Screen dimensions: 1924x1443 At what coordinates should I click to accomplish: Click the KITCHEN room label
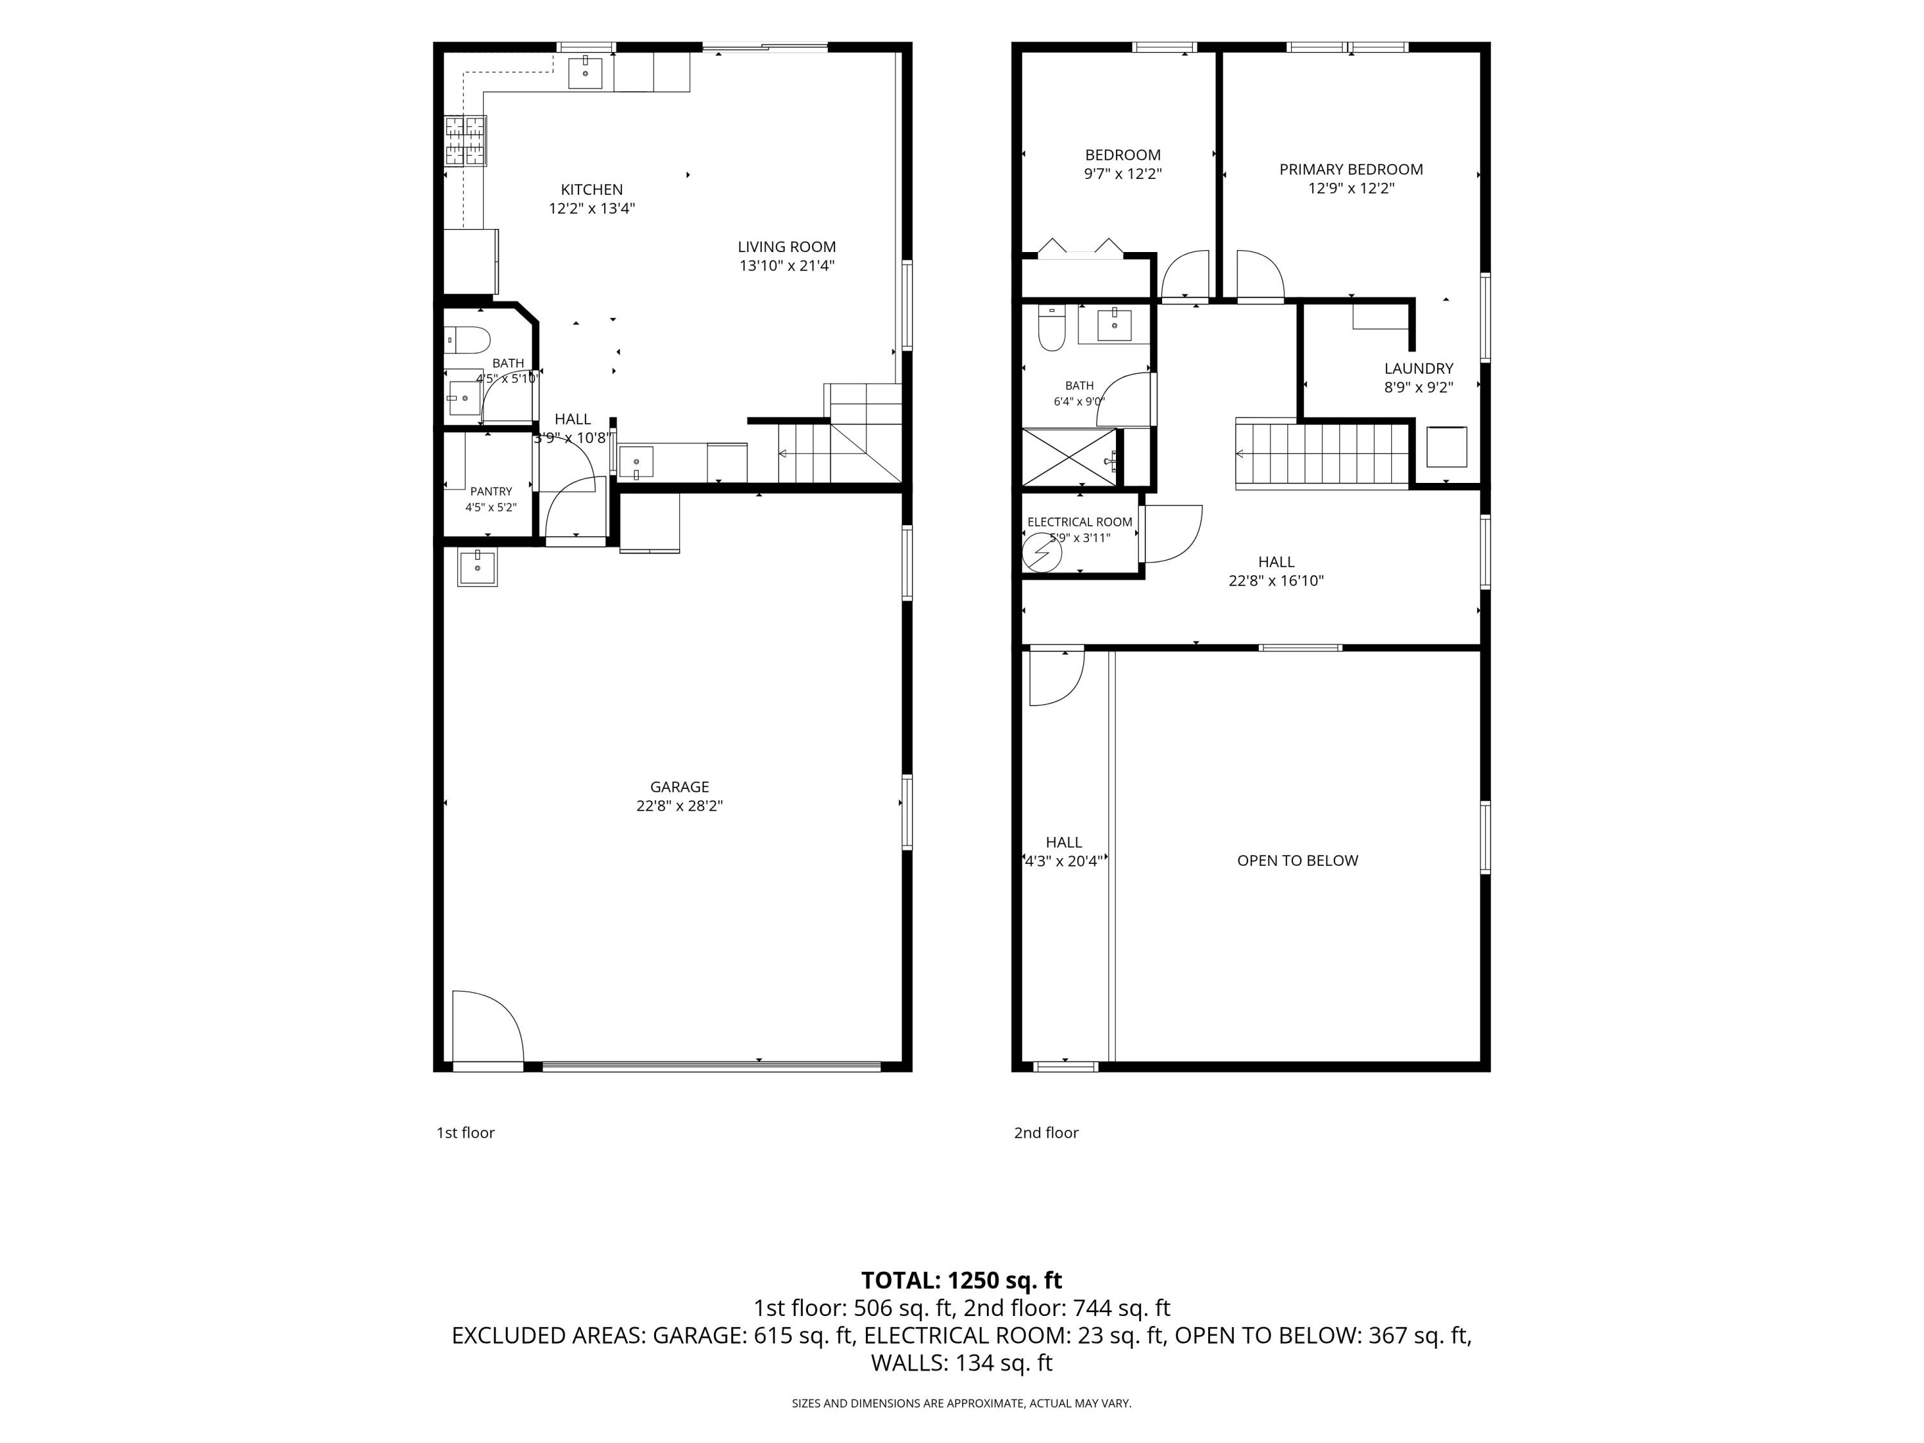pyautogui.click(x=591, y=190)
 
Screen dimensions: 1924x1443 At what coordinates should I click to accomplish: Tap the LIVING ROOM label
pyautogui.click(x=786, y=247)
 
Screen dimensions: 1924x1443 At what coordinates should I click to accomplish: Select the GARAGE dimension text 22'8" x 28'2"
pyautogui.click(x=679, y=806)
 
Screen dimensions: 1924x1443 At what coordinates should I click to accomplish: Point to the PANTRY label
pyautogui.click(x=491, y=491)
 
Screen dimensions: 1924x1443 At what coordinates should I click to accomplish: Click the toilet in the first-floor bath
pyautogui.click(x=467, y=339)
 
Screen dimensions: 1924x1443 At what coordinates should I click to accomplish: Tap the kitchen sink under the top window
pyautogui.click(x=586, y=73)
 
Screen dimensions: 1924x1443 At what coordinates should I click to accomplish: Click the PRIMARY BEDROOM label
pyautogui.click(x=1351, y=169)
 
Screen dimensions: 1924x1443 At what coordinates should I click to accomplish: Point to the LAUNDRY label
pyautogui.click(x=1419, y=369)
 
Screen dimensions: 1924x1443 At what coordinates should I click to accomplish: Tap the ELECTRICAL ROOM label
pyautogui.click(x=1079, y=522)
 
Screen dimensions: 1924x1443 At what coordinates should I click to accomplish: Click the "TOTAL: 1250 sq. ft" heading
pyautogui.click(x=961, y=1280)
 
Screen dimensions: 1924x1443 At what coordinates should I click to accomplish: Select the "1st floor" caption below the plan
pyautogui.click(x=466, y=1133)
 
